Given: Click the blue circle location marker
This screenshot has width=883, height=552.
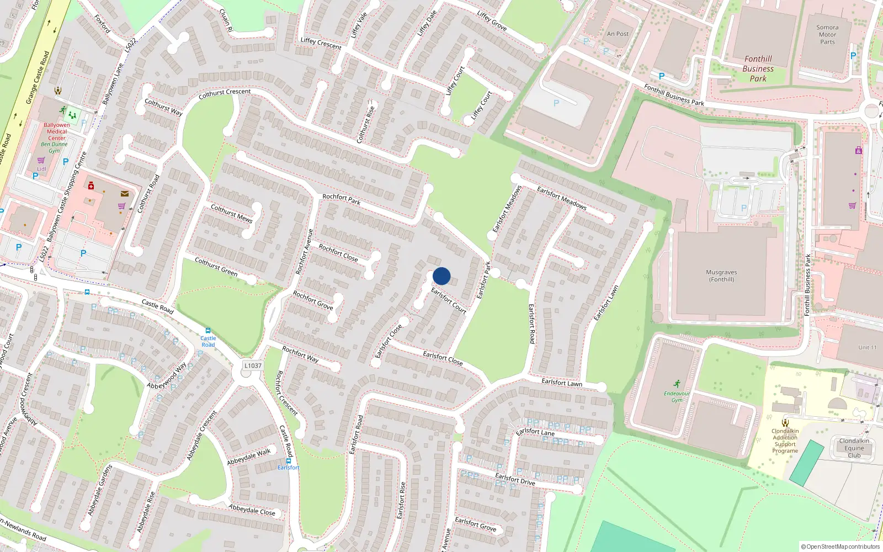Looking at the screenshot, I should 441,276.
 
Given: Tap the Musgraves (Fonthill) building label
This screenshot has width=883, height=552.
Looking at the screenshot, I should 721,276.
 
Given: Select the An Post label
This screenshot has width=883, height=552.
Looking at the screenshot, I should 618,34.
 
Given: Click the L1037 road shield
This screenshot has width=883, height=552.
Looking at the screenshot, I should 253,365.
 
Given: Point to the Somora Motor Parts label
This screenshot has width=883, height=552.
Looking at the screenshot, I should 827,34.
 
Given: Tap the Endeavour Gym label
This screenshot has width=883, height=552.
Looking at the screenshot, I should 677,396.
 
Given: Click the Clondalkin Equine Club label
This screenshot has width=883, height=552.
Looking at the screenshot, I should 854,448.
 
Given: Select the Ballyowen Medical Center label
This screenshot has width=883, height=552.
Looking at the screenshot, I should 57,132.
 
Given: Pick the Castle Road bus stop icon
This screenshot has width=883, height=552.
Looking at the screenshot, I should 208,331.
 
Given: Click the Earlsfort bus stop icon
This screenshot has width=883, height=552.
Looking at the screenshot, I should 288,460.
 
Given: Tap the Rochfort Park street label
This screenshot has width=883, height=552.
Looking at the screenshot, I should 341,199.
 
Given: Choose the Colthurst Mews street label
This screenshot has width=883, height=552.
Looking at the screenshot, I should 232,213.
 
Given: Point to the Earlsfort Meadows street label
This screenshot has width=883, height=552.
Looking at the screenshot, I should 561,198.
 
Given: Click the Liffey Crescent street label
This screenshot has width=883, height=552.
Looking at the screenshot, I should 321,44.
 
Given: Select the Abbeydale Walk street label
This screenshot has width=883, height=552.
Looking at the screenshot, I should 249,457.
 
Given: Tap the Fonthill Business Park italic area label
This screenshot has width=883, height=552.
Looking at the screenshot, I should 758,68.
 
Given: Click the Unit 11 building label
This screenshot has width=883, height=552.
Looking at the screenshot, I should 867,348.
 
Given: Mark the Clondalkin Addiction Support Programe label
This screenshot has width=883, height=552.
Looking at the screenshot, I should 785,440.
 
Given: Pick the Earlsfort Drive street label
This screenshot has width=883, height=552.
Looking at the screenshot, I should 515,479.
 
